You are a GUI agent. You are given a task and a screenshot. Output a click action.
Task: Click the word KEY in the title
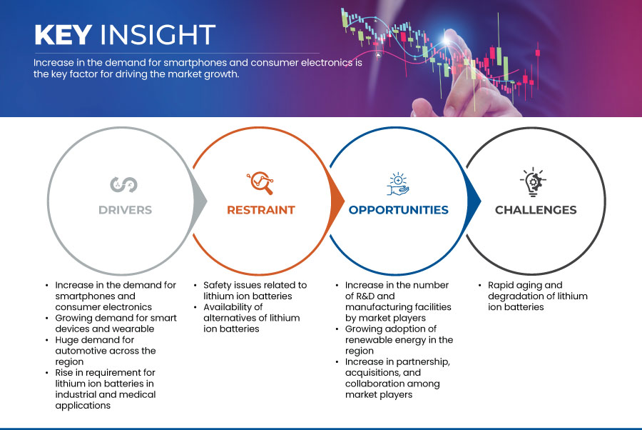click(63, 34)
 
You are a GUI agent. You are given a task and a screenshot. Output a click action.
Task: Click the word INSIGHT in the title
click(158, 34)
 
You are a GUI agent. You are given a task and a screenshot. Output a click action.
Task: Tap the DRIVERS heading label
click(126, 210)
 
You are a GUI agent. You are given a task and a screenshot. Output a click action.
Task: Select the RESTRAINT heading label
click(261, 210)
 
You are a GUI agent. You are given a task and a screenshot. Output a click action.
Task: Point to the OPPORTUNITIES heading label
click(398, 210)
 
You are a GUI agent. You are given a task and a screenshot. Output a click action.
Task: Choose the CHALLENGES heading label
click(536, 210)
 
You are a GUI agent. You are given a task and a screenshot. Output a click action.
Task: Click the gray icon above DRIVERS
click(123, 184)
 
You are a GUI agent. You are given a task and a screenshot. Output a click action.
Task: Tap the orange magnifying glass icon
click(260, 183)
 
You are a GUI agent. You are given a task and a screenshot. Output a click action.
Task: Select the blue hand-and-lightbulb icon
click(398, 184)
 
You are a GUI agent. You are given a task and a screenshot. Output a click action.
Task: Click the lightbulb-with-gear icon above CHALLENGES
click(533, 181)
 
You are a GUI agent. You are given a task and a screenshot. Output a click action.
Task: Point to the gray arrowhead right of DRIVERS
click(200, 201)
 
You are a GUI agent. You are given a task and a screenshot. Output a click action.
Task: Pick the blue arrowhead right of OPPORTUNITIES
click(474, 201)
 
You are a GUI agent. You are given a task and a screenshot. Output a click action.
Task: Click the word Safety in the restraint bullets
click(217, 286)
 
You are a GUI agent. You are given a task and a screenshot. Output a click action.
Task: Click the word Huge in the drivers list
click(66, 340)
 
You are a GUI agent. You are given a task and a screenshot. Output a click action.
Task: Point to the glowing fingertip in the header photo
click(447, 40)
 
